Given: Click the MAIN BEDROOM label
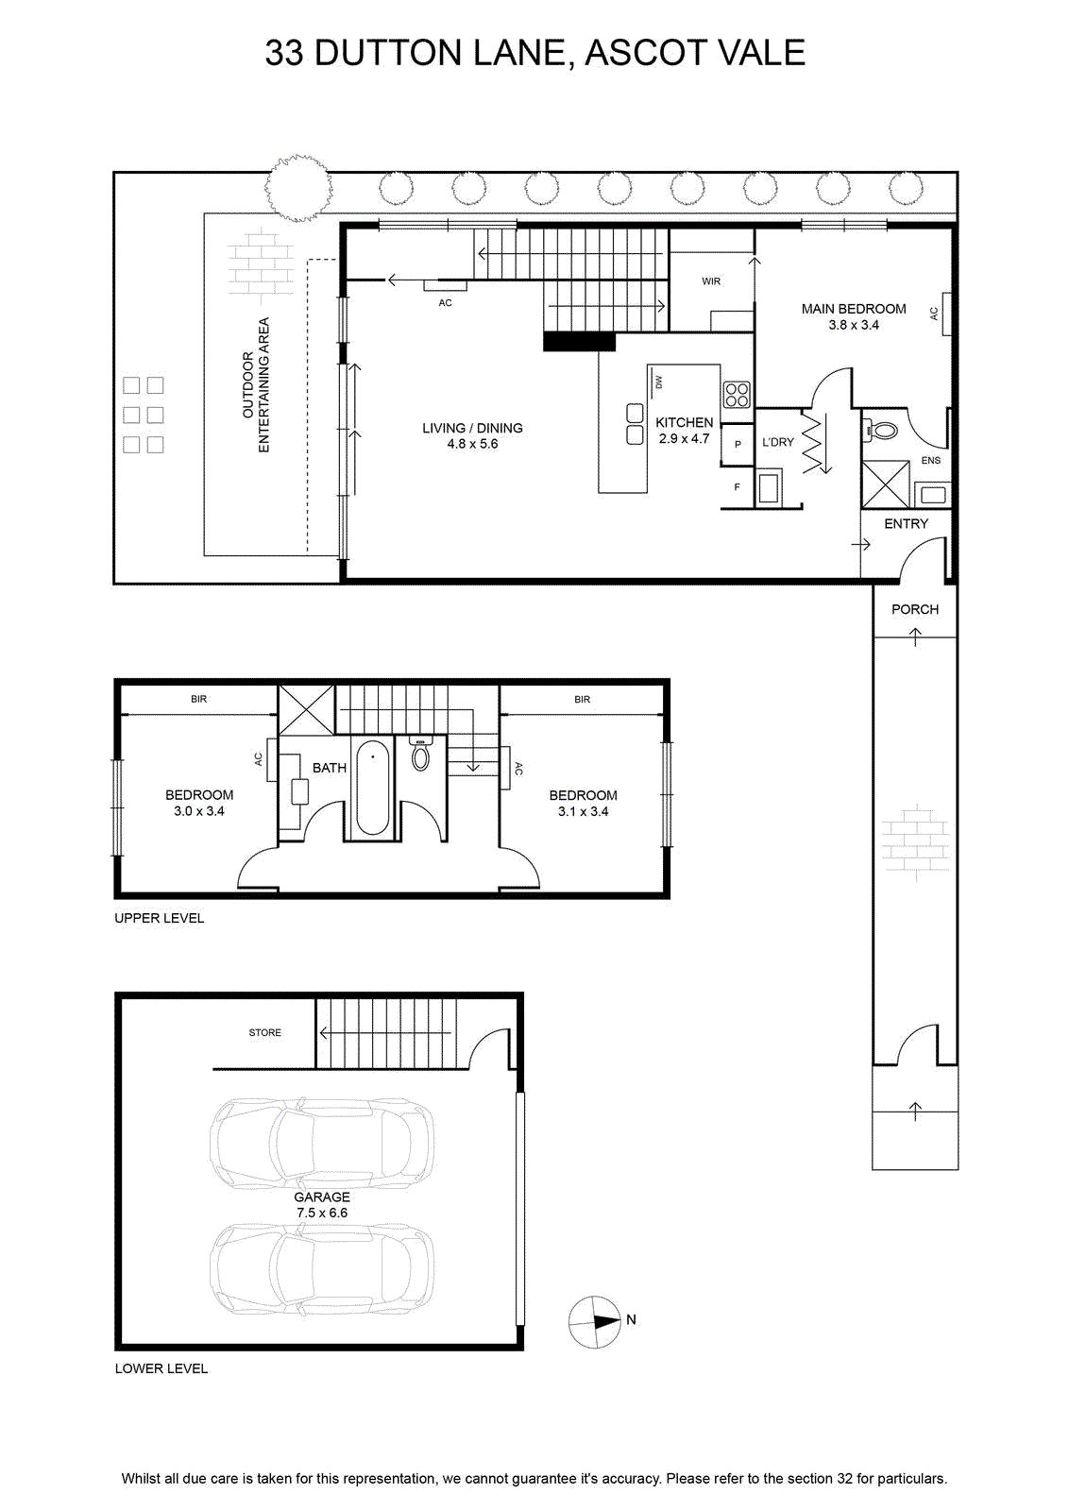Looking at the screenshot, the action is [853, 309].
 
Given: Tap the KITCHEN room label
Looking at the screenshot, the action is [684, 422].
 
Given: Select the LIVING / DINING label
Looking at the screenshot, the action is [472, 428].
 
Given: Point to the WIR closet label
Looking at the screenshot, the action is [711, 281].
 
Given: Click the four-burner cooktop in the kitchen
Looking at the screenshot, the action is [737, 394].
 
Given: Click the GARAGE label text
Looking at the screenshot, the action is [322, 1197].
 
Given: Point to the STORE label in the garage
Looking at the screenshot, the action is [265, 1032].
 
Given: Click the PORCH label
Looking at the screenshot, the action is [914, 609].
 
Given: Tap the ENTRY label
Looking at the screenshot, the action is [906, 523].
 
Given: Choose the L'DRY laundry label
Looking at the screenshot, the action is [777, 442].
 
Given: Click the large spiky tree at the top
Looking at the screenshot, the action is [298, 188].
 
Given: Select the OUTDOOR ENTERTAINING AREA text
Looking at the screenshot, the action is [256, 384].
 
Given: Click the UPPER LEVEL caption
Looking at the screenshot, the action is [160, 918].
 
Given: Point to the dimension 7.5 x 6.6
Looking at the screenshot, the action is [322, 1213].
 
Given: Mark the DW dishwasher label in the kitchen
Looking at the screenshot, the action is [659, 382].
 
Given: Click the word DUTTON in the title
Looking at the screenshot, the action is [388, 53].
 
